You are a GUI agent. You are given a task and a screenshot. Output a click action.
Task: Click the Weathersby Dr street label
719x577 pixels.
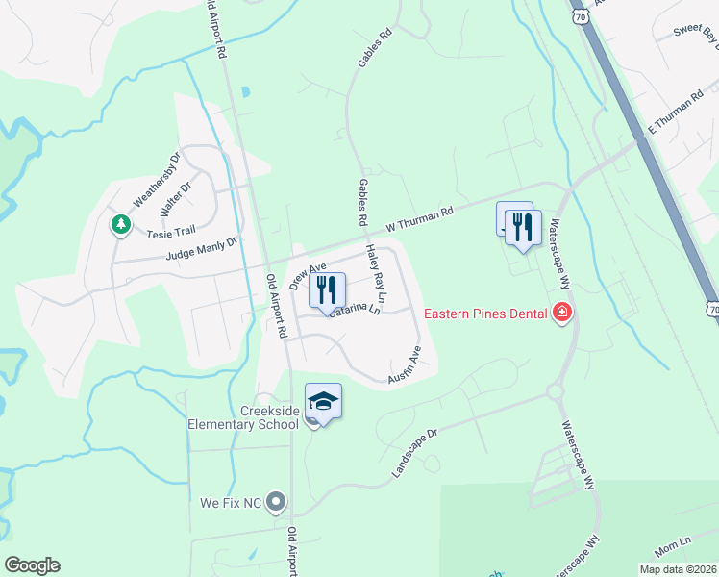(156, 178)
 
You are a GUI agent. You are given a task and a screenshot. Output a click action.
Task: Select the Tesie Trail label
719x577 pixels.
(170, 231)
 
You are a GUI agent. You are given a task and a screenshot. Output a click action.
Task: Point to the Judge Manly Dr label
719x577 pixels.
(200, 249)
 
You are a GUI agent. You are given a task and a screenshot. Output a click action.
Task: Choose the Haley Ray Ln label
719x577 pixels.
(374, 273)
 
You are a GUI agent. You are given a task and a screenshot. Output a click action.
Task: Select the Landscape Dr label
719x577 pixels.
(414, 452)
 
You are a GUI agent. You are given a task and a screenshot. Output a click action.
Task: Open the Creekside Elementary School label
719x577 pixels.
(243, 418)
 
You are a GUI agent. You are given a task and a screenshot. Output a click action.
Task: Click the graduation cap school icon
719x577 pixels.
(323, 400)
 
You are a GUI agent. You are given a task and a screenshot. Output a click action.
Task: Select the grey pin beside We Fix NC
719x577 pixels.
(276, 501)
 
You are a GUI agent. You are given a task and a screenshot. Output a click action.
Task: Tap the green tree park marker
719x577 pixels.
(120, 225)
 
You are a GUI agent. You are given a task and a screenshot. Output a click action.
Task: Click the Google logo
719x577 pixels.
(32, 565)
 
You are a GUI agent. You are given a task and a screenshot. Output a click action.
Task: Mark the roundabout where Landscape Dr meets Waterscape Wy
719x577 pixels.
(554, 391)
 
